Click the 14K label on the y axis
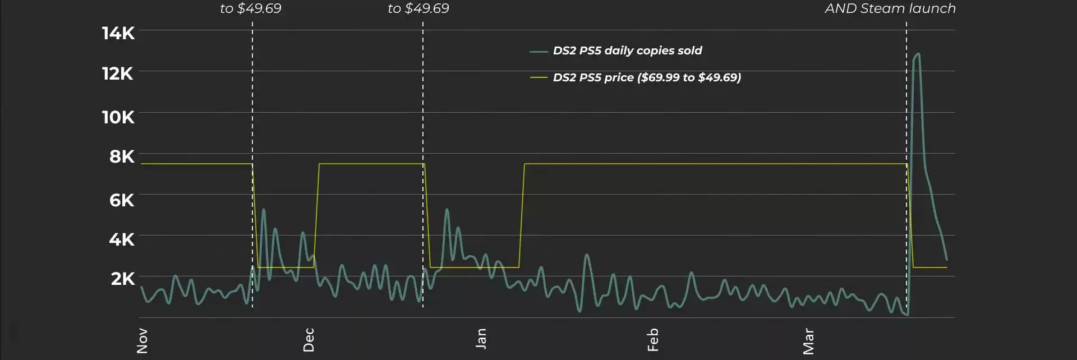point(118,33)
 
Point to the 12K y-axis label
point(118,73)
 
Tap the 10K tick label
point(118,117)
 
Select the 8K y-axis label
point(122,156)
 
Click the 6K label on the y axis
point(122,200)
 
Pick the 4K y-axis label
point(122,239)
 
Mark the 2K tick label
point(123,279)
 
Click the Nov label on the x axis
point(142,341)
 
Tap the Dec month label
point(309,340)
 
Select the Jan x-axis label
point(481,339)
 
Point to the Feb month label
point(652,340)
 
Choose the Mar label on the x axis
point(808,341)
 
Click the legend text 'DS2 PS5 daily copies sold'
point(627,50)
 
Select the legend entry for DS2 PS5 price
point(647,77)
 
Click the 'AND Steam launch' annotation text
point(890,8)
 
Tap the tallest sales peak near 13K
point(918,54)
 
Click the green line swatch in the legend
point(538,52)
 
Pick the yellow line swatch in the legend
point(538,78)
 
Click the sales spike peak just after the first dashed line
point(264,210)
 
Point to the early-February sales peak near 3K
point(587,255)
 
